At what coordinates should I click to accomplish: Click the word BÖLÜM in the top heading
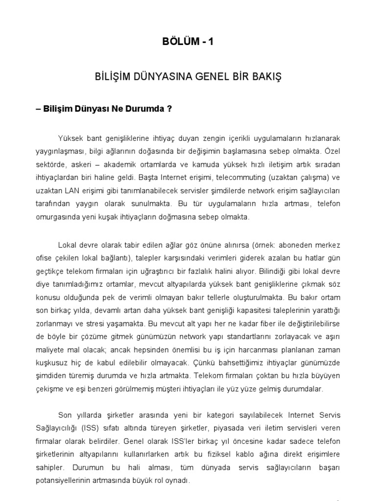[179, 42]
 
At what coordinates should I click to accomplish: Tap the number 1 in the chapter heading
[211, 42]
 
